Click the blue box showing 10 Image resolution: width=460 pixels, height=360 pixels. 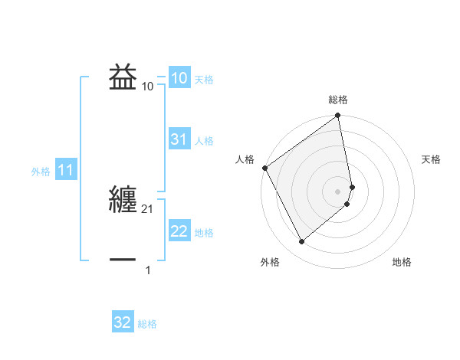(179, 79)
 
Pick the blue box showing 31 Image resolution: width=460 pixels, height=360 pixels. (179, 140)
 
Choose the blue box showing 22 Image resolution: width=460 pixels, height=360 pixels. (179, 232)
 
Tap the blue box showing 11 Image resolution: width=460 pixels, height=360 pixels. (65, 171)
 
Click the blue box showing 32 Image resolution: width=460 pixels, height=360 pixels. (123, 323)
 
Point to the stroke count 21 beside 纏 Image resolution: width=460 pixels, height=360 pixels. (148, 209)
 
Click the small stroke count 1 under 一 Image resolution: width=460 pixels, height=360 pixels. (148, 270)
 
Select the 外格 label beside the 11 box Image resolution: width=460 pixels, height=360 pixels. (41, 172)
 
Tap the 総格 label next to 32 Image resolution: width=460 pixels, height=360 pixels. (147, 324)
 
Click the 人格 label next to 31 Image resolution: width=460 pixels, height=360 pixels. (204, 141)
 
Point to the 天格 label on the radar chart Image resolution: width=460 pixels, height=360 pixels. (431, 159)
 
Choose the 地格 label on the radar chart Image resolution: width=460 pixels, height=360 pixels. (402, 262)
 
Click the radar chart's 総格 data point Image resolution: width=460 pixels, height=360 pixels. (338, 116)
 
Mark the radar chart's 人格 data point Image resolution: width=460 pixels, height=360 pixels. (264, 168)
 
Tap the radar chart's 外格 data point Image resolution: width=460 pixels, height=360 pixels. (301, 242)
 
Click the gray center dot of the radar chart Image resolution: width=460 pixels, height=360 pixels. (338, 191)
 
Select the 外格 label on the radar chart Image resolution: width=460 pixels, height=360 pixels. (270, 262)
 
